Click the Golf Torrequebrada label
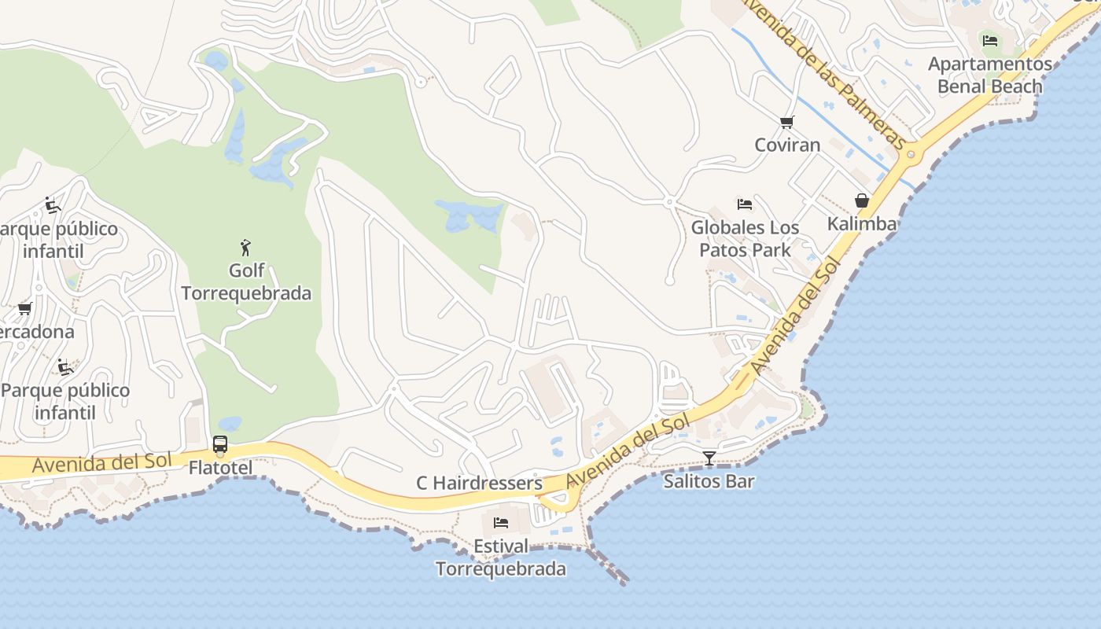(246, 282)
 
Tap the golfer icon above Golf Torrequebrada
(246, 248)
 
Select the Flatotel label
(220, 468)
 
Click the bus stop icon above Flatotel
(220, 444)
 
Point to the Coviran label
(787, 145)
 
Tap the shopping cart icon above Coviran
(786, 122)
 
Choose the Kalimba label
(862, 223)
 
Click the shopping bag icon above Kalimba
(862, 200)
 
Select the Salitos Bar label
(709, 480)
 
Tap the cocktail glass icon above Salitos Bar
(709, 458)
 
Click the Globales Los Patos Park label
(745, 239)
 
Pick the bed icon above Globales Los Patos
(745, 204)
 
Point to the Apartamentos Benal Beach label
(990, 75)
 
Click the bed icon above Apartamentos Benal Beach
(990, 40)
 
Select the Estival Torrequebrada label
(501, 557)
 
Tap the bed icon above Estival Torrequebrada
(501, 523)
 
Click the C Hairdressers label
(479, 483)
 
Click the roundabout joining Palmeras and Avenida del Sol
(912, 154)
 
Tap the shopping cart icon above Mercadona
(24, 309)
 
